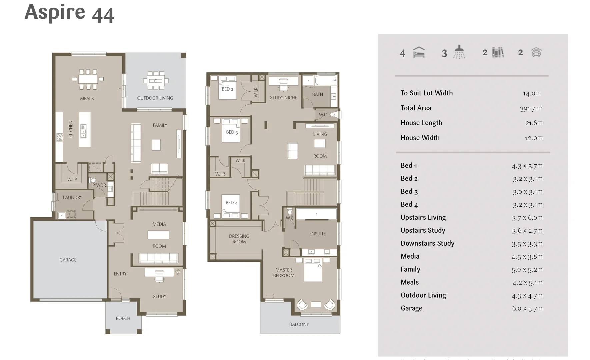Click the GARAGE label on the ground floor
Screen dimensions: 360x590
68,260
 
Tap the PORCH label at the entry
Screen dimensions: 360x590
123,318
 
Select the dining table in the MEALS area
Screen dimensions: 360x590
88,79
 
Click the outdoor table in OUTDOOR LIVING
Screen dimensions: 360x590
156,81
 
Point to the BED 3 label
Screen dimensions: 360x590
232,132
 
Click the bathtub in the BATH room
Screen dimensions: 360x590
325,80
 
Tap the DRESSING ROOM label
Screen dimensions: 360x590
239,239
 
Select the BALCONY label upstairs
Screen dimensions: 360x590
299,324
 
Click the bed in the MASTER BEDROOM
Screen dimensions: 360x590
313,270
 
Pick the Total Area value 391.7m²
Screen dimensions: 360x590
531,108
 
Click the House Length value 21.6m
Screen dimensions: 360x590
534,123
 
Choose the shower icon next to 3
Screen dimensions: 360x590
459,52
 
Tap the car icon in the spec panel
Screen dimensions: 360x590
536,52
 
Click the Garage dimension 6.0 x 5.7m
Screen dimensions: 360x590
527,308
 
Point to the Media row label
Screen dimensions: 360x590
410,256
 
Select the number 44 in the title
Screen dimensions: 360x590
103,15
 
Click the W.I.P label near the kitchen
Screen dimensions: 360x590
72,179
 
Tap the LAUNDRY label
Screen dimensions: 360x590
72,197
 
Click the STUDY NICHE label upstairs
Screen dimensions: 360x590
283,98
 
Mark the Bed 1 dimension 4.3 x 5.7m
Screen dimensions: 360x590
527,166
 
